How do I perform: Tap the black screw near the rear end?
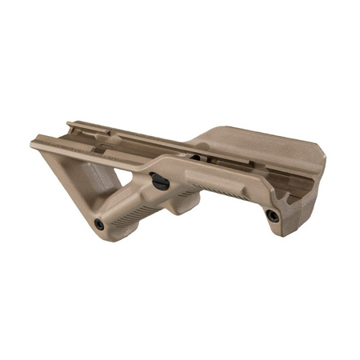point(273,215)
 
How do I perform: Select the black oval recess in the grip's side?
point(159,182)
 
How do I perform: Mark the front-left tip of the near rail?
point(34,145)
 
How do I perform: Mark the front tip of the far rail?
point(70,125)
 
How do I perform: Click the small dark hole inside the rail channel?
point(194,158)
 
